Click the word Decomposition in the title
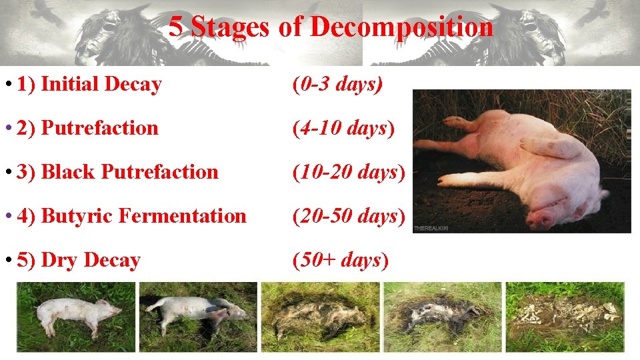click(402, 27)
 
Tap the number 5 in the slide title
click(175, 27)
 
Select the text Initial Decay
click(101, 85)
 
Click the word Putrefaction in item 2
click(100, 128)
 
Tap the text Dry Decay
click(91, 260)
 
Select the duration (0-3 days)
click(337, 85)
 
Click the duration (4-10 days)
click(344, 128)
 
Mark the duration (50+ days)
click(341, 260)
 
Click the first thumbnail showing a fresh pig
click(75, 316)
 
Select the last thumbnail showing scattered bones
click(564, 316)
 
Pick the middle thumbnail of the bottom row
click(320, 316)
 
